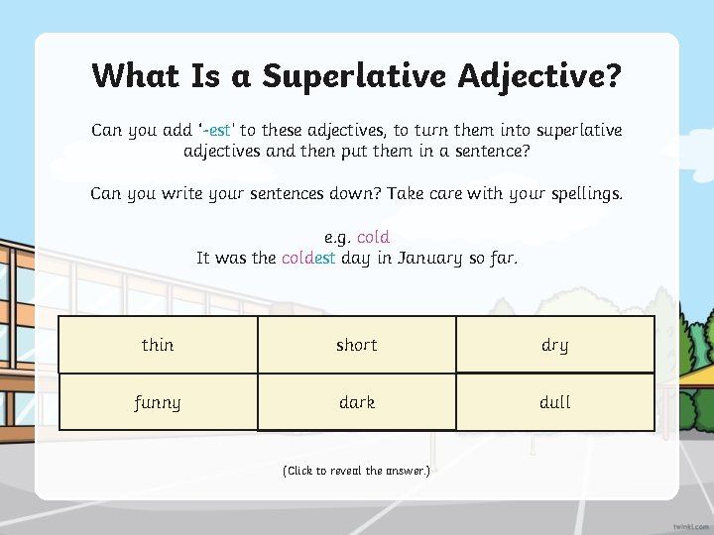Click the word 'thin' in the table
(158, 345)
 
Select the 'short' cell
(357, 345)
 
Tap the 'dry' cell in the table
(555, 345)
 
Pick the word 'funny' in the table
(158, 402)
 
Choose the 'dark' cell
(357, 402)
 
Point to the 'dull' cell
(555, 402)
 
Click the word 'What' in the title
(134, 75)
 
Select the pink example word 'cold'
(373, 238)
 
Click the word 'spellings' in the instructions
(581, 194)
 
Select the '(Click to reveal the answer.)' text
(357, 471)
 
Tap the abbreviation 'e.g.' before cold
(337, 238)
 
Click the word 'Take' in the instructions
(406, 194)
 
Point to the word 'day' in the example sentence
(355, 258)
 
